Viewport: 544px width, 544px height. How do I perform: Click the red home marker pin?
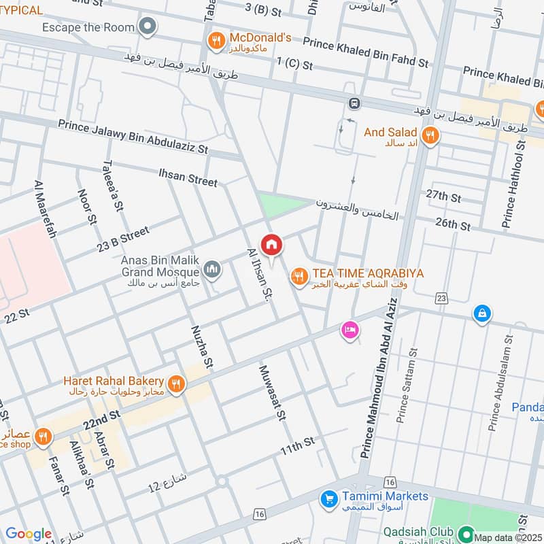tap(271, 245)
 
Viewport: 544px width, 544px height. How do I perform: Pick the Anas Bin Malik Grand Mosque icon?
tap(213, 271)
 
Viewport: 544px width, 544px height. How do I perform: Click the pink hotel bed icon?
tap(350, 330)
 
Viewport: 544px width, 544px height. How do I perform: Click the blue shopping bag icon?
tap(481, 313)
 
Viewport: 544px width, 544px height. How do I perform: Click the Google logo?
tap(29, 534)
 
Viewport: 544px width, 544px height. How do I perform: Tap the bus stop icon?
tap(354, 104)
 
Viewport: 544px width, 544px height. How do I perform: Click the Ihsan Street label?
tap(188, 177)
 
